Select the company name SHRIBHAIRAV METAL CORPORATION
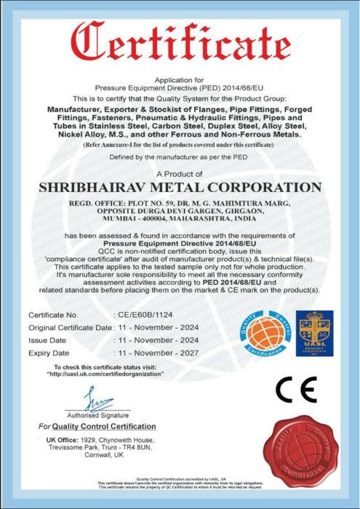[x=180, y=188]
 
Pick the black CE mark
[x=296, y=390]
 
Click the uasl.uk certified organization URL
[x=105, y=373]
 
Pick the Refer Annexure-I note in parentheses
[x=180, y=145]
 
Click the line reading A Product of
[x=180, y=174]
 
